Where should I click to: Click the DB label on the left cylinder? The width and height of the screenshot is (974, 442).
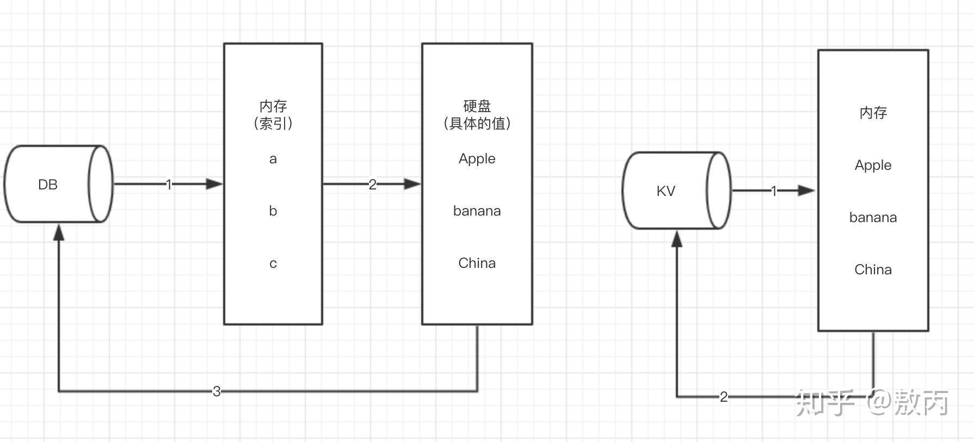[47, 185]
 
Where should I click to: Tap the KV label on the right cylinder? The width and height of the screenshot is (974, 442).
[665, 191]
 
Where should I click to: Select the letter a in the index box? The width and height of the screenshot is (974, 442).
[273, 159]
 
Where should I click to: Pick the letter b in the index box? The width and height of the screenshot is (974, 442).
[273, 211]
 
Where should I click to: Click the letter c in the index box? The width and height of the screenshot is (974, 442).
[273, 263]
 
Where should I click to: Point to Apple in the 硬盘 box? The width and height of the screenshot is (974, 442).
[477, 159]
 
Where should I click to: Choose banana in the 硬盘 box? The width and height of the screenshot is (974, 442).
[477, 211]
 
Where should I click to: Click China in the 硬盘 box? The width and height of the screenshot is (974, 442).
[477, 263]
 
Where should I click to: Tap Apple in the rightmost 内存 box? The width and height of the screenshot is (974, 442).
[873, 165]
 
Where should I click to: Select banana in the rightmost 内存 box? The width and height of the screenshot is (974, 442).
[873, 217]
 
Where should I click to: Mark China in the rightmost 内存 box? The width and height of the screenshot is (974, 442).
[873, 269]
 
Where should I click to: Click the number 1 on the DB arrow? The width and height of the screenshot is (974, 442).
[169, 185]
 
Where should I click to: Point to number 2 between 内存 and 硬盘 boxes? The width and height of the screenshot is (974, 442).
[372, 185]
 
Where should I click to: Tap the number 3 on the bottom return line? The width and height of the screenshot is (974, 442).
[217, 391]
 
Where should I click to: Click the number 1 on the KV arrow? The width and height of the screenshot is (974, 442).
[774, 191]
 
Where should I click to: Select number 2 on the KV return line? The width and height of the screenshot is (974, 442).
[724, 397]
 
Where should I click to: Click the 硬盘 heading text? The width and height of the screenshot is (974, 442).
[477, 106]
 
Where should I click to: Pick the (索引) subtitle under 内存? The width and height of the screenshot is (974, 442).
[273, 124]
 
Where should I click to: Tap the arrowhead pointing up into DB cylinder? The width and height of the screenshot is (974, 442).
[58, 232]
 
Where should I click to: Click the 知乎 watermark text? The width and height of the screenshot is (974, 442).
[825, 403]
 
